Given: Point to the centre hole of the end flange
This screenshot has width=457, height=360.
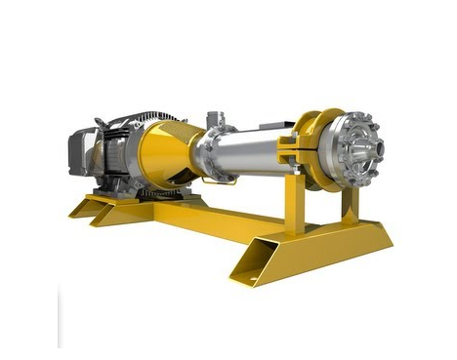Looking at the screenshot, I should (x=363, y=150).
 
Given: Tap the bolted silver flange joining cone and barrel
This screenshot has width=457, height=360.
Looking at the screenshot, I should (x=207, y=154).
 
